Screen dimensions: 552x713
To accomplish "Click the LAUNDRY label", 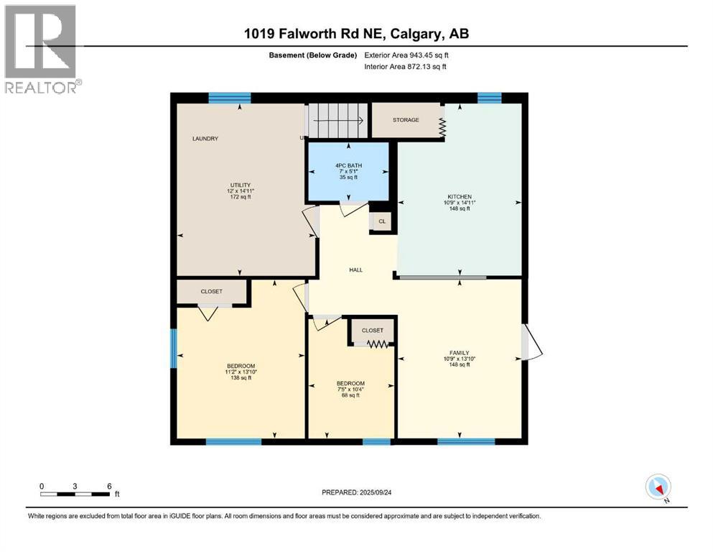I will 205,138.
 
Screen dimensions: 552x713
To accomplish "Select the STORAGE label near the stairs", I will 406,120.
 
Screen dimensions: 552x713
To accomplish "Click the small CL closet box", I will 382,221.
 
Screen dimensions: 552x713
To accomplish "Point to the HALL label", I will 355,270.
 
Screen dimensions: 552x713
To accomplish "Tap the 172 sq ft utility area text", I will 239,197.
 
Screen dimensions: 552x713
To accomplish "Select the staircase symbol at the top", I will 337,119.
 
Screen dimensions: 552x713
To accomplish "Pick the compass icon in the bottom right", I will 658,487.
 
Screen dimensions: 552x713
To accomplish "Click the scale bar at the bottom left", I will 75,494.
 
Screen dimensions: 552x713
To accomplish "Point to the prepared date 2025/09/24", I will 356,492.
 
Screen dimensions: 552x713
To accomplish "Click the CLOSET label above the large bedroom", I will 211,291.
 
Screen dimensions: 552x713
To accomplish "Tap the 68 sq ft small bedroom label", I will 351,395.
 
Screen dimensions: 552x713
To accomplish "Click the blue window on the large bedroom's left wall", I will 173,352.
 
